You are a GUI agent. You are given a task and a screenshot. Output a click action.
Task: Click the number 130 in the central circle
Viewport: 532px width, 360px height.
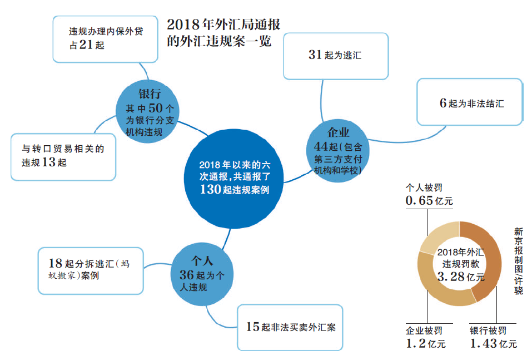(212, 190)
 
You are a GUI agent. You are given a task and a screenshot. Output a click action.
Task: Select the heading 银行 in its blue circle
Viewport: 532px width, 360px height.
(149, 93)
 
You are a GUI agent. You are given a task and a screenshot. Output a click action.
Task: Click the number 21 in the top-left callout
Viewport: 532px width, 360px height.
(86, 45)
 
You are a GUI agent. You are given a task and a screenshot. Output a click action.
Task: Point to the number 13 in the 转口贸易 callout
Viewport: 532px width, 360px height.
(49, 162)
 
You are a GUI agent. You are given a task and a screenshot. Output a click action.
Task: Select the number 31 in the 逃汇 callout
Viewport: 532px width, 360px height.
(316, 55)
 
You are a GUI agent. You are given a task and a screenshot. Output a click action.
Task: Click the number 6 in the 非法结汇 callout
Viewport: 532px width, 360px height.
(443, 103)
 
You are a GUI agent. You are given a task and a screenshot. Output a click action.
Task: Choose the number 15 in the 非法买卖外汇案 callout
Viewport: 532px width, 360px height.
(253, 327)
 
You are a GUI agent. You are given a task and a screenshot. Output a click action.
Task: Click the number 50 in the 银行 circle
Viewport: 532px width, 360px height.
(155, 109)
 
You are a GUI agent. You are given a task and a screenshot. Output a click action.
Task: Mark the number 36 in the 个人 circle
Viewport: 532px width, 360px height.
(187, 275)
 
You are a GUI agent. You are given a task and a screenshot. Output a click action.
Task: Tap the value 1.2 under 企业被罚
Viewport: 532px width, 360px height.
(416, 344)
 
